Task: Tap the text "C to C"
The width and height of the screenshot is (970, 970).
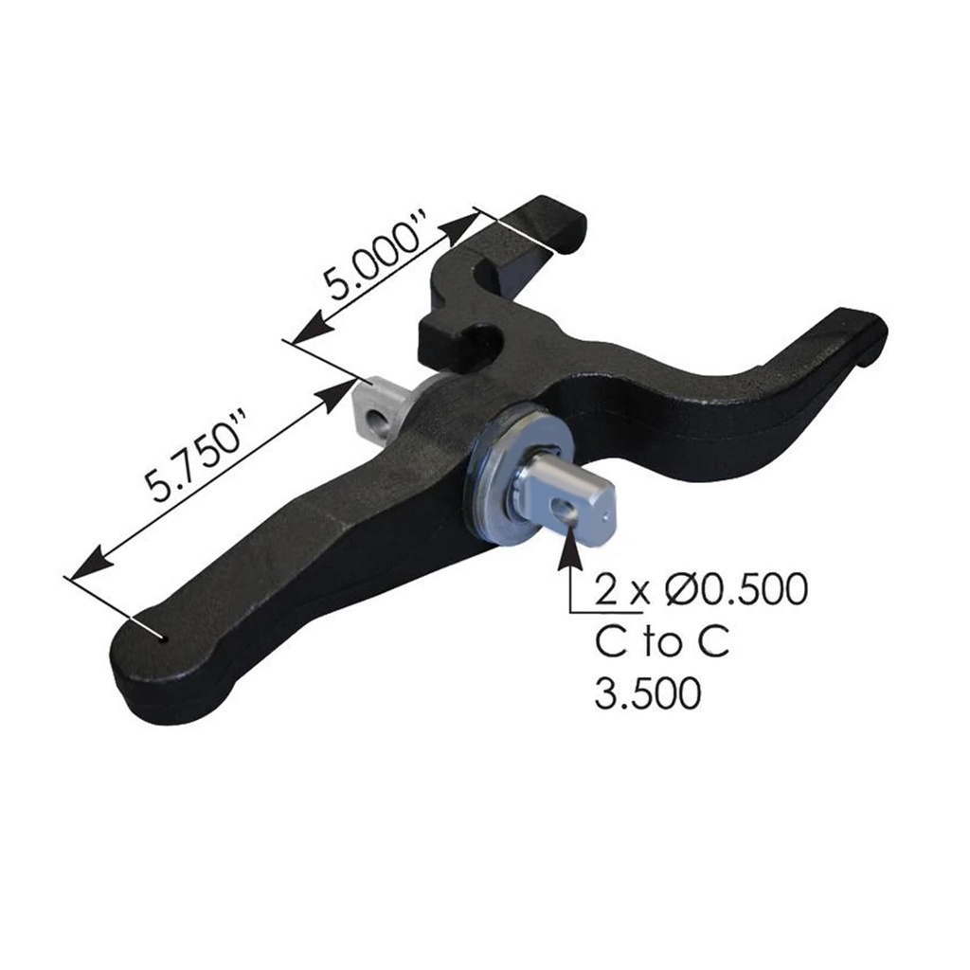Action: tap(662, 642)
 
